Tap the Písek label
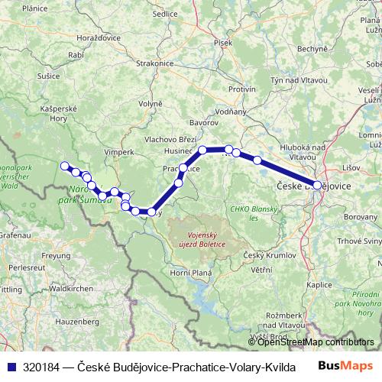[x=223, y=43]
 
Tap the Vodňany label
[x=231, y=112]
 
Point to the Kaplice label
[x=319, y=284]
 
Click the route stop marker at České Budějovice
[x=317, y=185]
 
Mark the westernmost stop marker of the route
[x=65, y=166]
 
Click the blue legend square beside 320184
[x=9, y=367]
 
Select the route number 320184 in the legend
[x=42, y=367]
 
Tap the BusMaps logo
[x=346, y=366]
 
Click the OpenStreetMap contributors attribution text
[x=316, y=342]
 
